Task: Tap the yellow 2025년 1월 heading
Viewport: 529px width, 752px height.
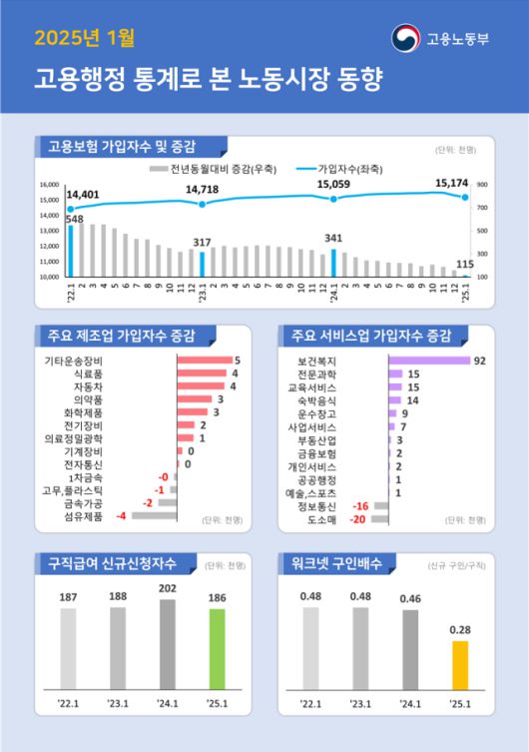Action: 84,39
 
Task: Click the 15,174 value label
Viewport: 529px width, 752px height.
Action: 453,183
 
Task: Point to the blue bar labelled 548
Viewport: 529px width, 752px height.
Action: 71,251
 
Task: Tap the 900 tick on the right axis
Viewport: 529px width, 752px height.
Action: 482,185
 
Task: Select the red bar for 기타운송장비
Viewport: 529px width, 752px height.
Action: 204,360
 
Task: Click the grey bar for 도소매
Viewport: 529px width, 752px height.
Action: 380,519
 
